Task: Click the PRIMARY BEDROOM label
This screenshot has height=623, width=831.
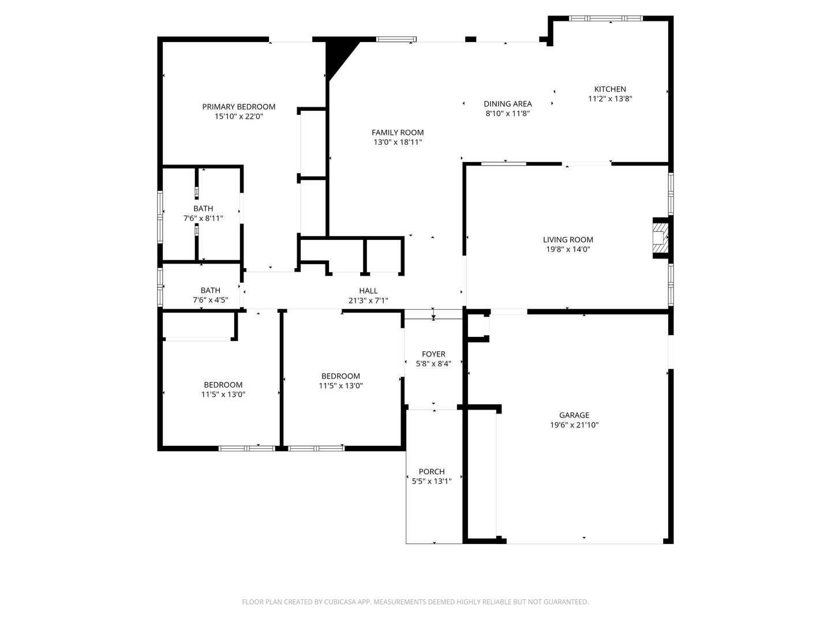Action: click(238, 107)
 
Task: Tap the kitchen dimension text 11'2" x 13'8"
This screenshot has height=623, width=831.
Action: click(610, 99)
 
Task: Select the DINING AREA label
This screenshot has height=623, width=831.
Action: click(507, 104)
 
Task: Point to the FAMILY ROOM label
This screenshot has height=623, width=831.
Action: click(397, 132)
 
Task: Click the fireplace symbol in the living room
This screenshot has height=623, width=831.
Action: click(659, 237)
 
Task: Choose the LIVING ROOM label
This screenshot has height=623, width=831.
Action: click(568, 239)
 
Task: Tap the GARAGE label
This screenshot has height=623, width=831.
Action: click(574, 415)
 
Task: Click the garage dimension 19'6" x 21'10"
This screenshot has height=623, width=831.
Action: click(574, 425)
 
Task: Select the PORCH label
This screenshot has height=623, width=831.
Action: click(432, 471)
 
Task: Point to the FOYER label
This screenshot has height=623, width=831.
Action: click(433, 354)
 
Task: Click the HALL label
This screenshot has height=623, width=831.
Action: click(368, 291)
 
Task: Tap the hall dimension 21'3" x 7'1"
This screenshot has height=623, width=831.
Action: click(368, 301)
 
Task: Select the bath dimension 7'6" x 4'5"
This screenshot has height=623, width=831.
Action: click(210, 300)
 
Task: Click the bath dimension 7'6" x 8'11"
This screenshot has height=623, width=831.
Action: click(203, 219)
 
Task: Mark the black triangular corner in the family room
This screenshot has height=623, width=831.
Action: click(337, 55)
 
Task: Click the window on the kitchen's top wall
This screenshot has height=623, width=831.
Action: click(605, 18)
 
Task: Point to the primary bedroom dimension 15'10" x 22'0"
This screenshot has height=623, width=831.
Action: click(238, 117)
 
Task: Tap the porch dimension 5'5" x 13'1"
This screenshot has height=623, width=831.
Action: click(432, 481)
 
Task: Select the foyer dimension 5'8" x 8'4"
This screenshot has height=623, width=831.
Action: click(433, 364)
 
